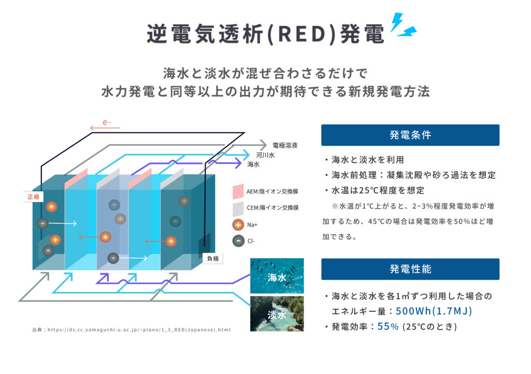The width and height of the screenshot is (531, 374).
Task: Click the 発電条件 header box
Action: [x=410, y=135]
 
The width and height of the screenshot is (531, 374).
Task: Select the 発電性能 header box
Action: [x=410, y=269]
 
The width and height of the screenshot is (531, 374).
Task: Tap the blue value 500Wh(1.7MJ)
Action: [x=434, y=311]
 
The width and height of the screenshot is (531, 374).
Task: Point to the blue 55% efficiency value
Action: [x=388, y=327]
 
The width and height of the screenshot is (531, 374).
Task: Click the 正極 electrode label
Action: [x=34, y=197]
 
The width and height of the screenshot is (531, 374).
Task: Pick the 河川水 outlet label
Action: [x=265, y=155]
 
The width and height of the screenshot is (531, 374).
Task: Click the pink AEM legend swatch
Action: [x=238, y=192]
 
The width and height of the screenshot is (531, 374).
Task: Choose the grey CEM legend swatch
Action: [x=238, y=208]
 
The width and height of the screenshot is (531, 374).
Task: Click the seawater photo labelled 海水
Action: [x=277, y=276]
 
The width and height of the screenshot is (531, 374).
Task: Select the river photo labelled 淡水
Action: [x=277, y=313]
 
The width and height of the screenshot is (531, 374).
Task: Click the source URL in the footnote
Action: [x=138, y=329]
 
